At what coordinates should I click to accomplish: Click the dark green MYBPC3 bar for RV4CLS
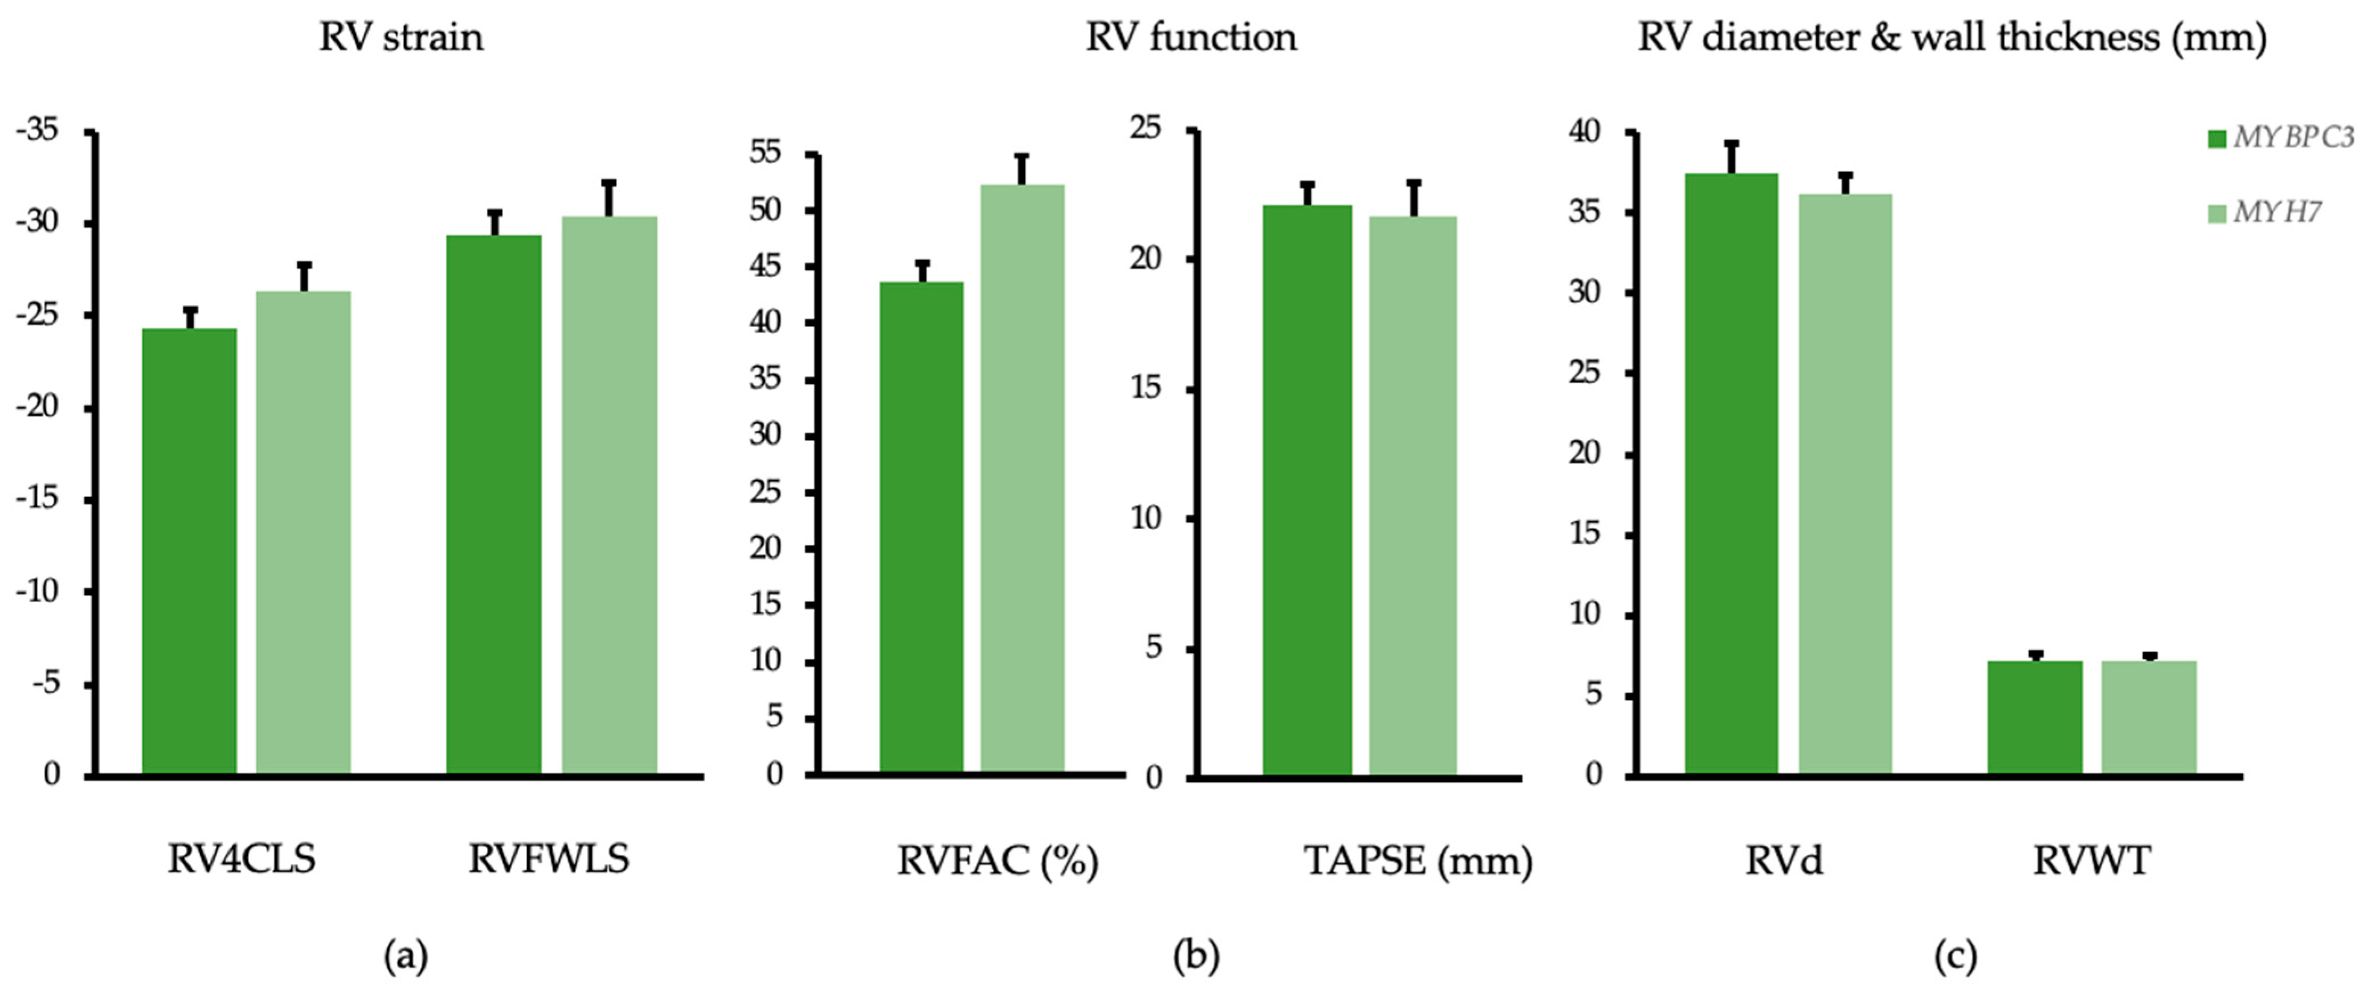[189, 551]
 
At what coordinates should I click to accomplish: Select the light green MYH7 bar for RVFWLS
[609, 496]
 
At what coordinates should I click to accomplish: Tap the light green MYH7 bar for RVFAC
[1022, 478]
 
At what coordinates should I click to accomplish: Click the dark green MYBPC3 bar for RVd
[1731, 473]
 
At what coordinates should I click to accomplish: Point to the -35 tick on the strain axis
[37, 131]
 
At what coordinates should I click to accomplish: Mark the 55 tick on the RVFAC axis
[766, 153]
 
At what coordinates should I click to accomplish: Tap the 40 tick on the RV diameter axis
[1584, 132]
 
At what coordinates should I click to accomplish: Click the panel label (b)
[1195, 956]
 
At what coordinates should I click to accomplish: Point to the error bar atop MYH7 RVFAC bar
[1022, 169]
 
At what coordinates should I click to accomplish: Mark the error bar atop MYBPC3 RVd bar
[1731, 157]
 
